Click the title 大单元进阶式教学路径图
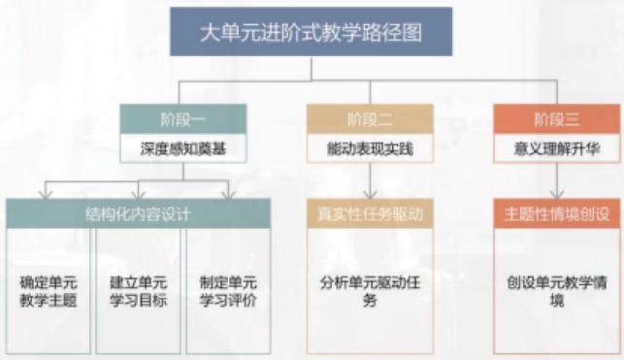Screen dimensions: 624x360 coord(311,32)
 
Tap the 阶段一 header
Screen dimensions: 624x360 coord(183,119)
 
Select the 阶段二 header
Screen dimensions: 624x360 coord(370,119)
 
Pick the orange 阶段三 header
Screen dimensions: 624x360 coord(557,119)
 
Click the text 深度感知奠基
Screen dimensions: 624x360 coord(183,148)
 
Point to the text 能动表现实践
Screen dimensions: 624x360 coord(370,148)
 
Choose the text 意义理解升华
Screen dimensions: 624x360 coord(557,148)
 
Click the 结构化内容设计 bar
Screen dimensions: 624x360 coord(138,213)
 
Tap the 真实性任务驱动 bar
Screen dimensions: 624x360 coord(370,213)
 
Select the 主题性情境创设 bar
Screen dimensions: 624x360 coord(557,213)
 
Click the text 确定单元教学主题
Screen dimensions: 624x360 coord(49,291)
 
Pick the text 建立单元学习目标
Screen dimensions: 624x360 coord(138,291)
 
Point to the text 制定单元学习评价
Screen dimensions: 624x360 coord(228,291)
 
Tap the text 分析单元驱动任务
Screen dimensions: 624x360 coord(370,291)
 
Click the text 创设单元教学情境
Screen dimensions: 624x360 coord(557,291)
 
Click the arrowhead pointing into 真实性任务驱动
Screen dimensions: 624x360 coord(370,194)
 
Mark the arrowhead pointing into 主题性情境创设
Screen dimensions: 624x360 coord(557,194)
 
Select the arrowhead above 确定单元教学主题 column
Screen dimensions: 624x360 coord(46,194)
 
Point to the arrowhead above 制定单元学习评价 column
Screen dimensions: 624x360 coord(229,194)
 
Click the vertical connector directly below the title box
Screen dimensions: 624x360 coord(312,69)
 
